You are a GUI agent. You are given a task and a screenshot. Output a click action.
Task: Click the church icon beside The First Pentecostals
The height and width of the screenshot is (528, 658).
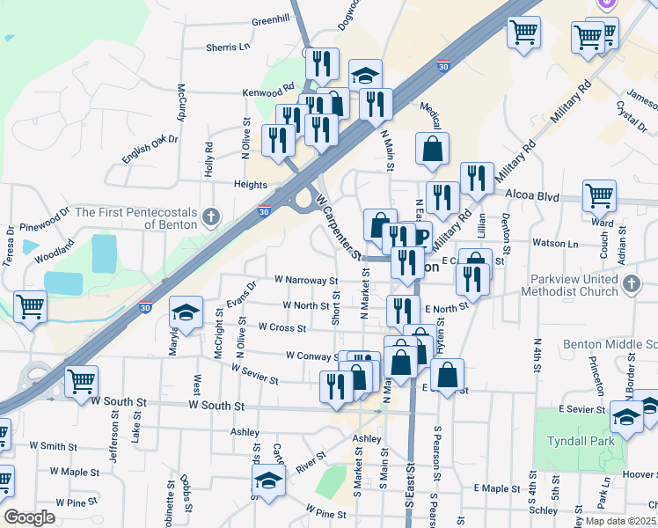(x=210, y=216)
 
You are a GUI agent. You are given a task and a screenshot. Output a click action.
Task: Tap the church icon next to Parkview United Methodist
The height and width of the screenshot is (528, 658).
(x=631, y=283)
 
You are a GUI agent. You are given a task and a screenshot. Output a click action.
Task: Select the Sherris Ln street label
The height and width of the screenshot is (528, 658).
(x=228, y=47)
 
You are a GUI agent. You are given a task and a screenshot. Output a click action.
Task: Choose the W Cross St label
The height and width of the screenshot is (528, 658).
(x=281, y=327)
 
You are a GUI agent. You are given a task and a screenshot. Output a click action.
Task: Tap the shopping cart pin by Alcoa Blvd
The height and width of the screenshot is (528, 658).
(x=599, y=196)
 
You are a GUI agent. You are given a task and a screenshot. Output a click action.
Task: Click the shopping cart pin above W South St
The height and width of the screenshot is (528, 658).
(x=81, y=381)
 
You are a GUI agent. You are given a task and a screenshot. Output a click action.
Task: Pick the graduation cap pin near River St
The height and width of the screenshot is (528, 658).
(x=268, y=480)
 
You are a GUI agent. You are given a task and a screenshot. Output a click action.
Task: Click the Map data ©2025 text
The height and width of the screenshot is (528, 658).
(x=618, y=520)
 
